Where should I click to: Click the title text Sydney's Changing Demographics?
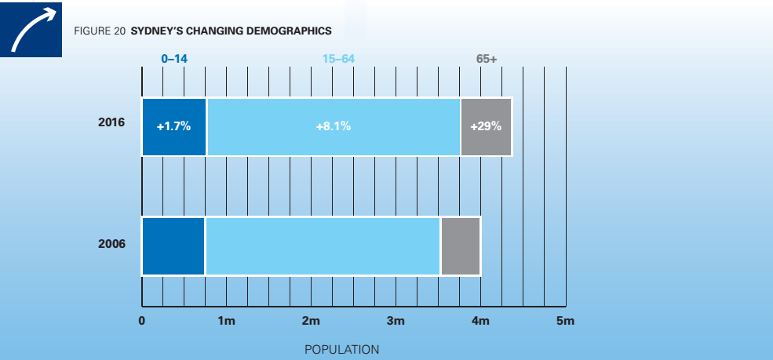tap(231, 31)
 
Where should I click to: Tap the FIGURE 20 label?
tap(100, 31)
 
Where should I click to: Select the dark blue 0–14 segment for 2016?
tap(173, 126)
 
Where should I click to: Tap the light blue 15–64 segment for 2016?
tap(333, 126)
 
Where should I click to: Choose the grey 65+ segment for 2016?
tap(486, 126)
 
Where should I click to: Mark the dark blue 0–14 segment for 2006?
tap(173, 246)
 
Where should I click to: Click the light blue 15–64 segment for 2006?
tap(323, 246)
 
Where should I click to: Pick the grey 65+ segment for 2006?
tap(460, 246)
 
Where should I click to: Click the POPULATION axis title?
tap(341, 349)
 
